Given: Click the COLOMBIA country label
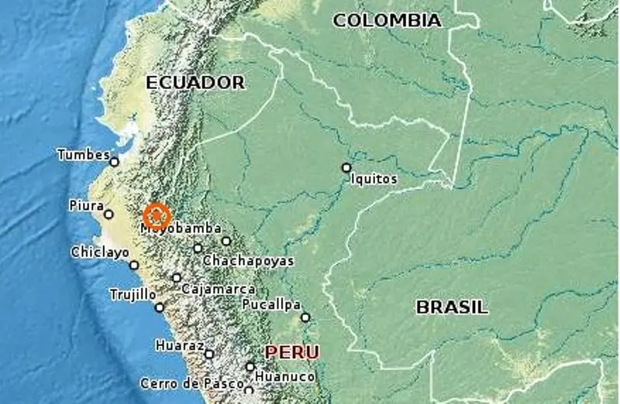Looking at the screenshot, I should point(387,21).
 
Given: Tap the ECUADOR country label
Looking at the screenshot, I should point(195,83).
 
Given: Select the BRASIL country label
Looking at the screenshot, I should point(453,307).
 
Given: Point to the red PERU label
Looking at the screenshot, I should point(292,353).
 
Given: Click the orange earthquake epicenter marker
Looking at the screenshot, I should point(157,215).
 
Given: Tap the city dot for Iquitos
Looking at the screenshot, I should point(346,167).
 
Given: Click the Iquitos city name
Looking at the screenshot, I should point(374,180).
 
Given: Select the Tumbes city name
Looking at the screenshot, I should point(83,155).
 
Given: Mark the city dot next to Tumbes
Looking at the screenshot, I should point(114,162).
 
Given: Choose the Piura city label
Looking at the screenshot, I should point(86,206).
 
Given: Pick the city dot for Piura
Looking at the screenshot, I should point(108,214).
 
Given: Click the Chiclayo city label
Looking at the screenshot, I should point(99,252).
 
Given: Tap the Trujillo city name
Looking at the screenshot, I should point(133,295).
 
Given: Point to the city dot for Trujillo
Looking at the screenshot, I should point(160,307).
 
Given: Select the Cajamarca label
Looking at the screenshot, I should point(218,289).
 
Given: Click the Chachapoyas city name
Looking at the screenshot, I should point(248,261).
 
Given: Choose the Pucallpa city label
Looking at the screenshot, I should point(271,305).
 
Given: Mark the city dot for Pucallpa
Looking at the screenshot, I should point(305,317).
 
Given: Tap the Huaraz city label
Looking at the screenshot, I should point(179,345).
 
